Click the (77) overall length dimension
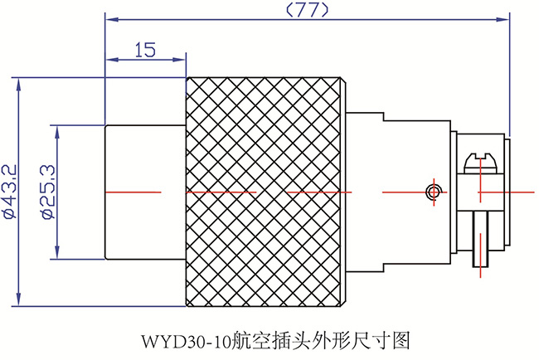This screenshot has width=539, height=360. tap(307, 10)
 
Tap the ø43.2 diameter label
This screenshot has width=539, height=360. tap(10, 191)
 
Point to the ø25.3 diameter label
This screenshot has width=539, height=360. tap(47, 191)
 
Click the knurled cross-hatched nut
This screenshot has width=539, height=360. tap(265, 191)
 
